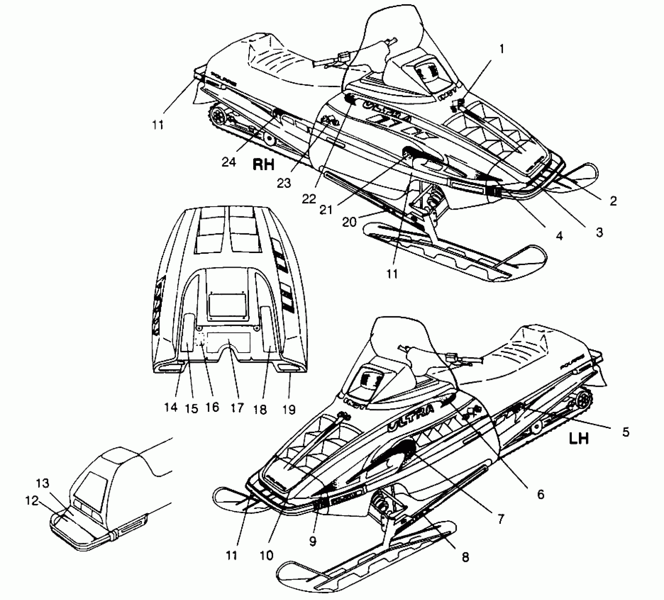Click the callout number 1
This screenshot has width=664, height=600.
click(502, 49)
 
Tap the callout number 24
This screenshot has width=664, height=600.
click(229, 162)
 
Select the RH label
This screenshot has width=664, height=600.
click(263, 164)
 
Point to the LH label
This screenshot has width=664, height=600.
click(579, 439)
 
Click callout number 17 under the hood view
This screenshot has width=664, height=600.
click(237, 408)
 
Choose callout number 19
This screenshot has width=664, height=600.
click(289, 409)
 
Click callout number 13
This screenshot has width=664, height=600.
click(42, 483)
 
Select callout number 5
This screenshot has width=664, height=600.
click(626, 432)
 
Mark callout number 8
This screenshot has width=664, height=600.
click(466, 557)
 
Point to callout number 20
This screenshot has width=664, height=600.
click(350, 222)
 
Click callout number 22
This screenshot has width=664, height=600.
click(309, 199)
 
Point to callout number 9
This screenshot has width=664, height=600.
click(313, 541)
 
